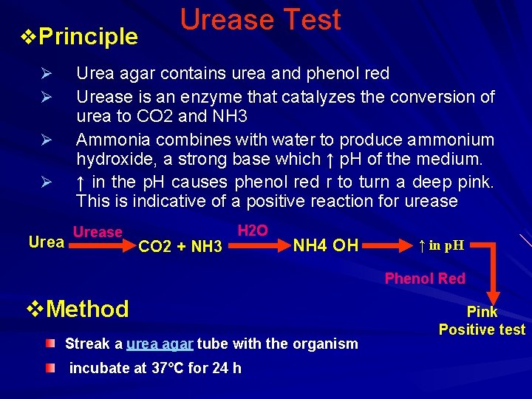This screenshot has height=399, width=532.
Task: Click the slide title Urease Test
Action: tap(261, 20)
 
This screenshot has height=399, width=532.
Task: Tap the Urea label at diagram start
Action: tap(46, 242)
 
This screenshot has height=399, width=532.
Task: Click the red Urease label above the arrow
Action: tap(98, 232)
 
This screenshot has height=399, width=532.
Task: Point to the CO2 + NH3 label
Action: tap(180, 246)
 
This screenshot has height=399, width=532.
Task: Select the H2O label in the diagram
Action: tap(252, 231)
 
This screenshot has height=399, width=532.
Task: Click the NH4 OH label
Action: tap(325, 245)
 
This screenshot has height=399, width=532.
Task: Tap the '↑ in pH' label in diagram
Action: tap(441, 245)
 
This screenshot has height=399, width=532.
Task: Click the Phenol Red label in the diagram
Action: tap(425, 279)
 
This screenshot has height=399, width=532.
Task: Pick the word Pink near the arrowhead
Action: tap(482, 312)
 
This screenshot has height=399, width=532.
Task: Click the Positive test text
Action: tap(482, 330)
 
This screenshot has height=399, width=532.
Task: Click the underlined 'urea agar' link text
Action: tap(160, 344)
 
